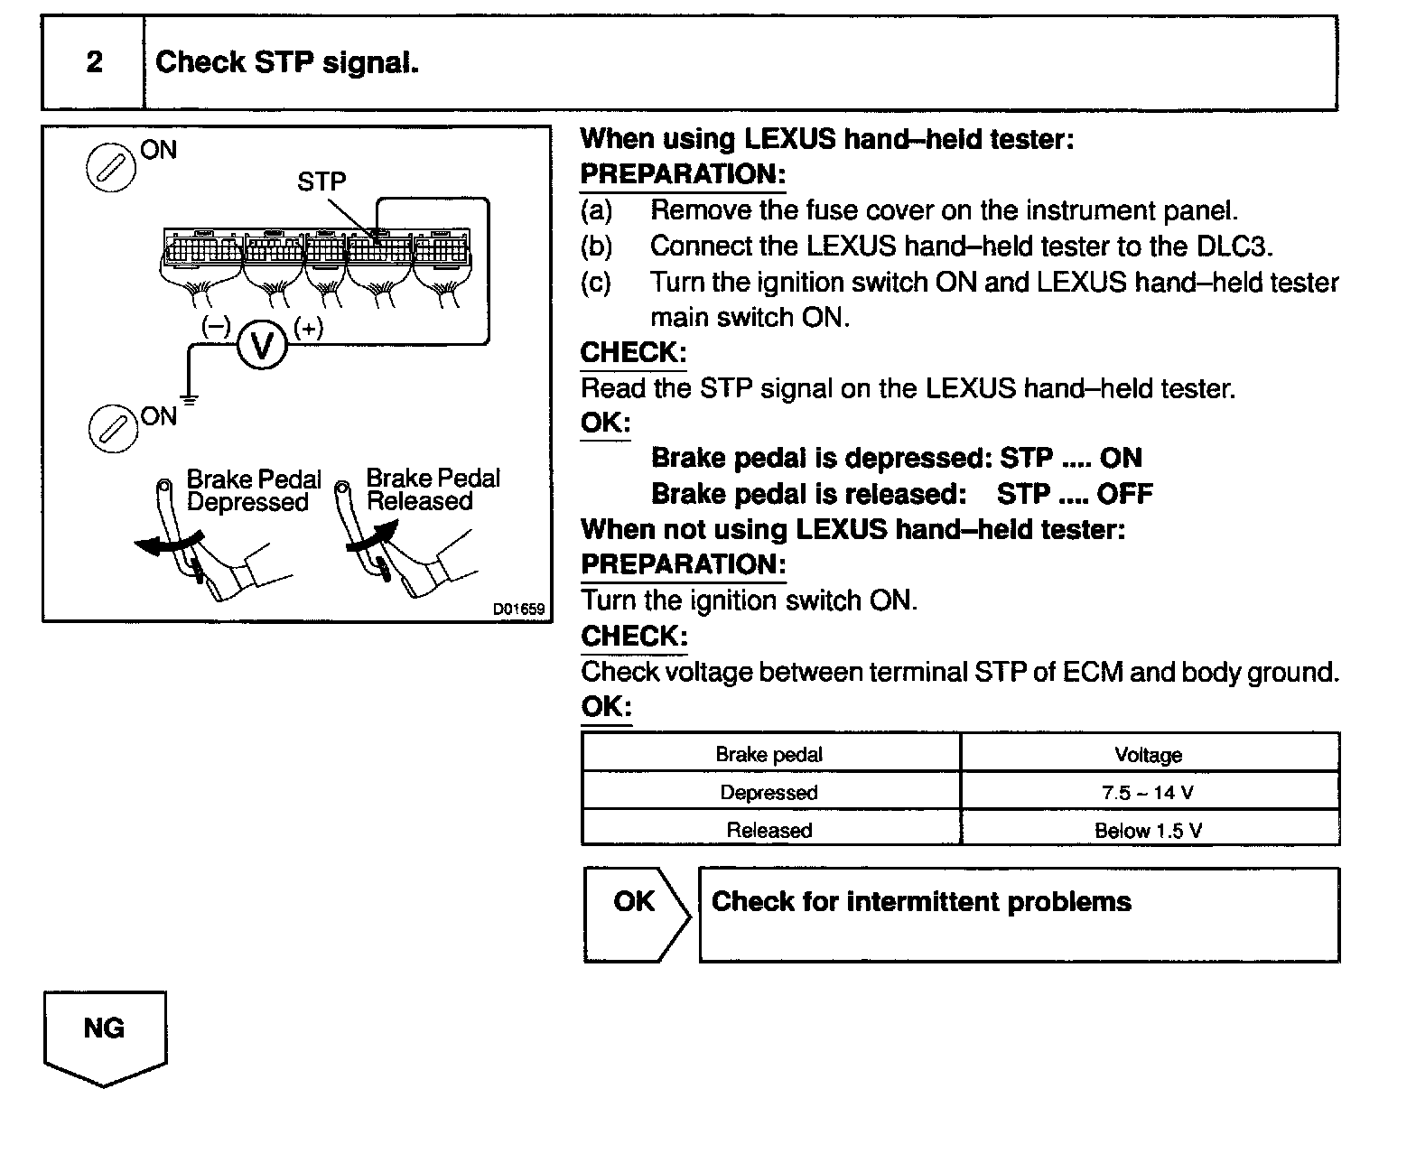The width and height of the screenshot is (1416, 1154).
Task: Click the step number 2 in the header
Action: pos(94,62)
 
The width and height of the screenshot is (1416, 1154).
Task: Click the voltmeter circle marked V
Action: pos(262,345)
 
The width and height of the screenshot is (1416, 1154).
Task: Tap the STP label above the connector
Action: pos(321,181)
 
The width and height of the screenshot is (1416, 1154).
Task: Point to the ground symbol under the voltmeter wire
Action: pos(189,396)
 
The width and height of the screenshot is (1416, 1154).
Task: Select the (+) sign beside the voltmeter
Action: pos(309,328)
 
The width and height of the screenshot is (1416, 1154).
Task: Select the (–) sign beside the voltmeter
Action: pos(216,327)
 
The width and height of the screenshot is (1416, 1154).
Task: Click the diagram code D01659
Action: pos(518,610)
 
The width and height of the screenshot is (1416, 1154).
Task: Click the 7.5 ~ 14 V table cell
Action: pos(1148,793)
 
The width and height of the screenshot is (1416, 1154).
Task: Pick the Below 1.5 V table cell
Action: pos(1148,831)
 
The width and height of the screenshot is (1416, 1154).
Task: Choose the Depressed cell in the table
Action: pos(769,793)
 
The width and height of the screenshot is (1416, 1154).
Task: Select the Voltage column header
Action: pos(1148,755)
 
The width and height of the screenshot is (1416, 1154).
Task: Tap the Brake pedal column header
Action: pos(769,755)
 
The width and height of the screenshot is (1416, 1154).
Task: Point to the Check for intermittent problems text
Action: pos(921,902)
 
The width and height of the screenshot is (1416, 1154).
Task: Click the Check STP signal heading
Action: pos(287,62)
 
